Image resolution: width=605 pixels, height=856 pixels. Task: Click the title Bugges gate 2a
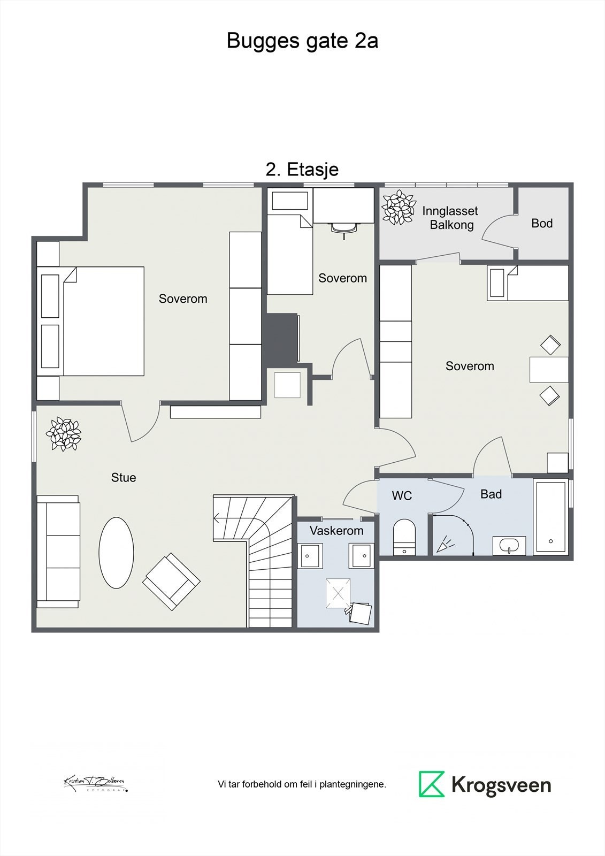click(302, 41)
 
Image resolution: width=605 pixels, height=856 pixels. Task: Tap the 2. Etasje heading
click(302, 170)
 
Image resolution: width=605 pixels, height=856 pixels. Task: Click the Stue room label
click(124, 478)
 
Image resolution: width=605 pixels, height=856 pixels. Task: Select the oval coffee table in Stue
click(116, 553)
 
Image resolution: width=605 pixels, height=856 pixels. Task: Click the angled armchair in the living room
click(171, 582)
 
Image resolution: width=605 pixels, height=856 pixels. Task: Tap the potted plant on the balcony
click(399, 208)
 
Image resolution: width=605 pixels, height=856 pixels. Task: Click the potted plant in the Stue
click(64, 434)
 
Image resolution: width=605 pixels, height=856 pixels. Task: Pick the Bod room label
click(542, 224)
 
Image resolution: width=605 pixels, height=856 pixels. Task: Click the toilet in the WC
click(404, 537)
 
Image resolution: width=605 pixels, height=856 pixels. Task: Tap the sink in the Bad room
click(509, 546)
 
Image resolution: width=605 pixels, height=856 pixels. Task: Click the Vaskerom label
click(336, 531)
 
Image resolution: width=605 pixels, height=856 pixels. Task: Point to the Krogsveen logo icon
click(432, 784)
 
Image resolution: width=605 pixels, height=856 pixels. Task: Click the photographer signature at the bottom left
click(95, 783)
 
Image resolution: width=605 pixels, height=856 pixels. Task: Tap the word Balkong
click(451, 225)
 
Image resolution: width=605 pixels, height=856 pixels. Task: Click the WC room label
click(402, 496)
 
